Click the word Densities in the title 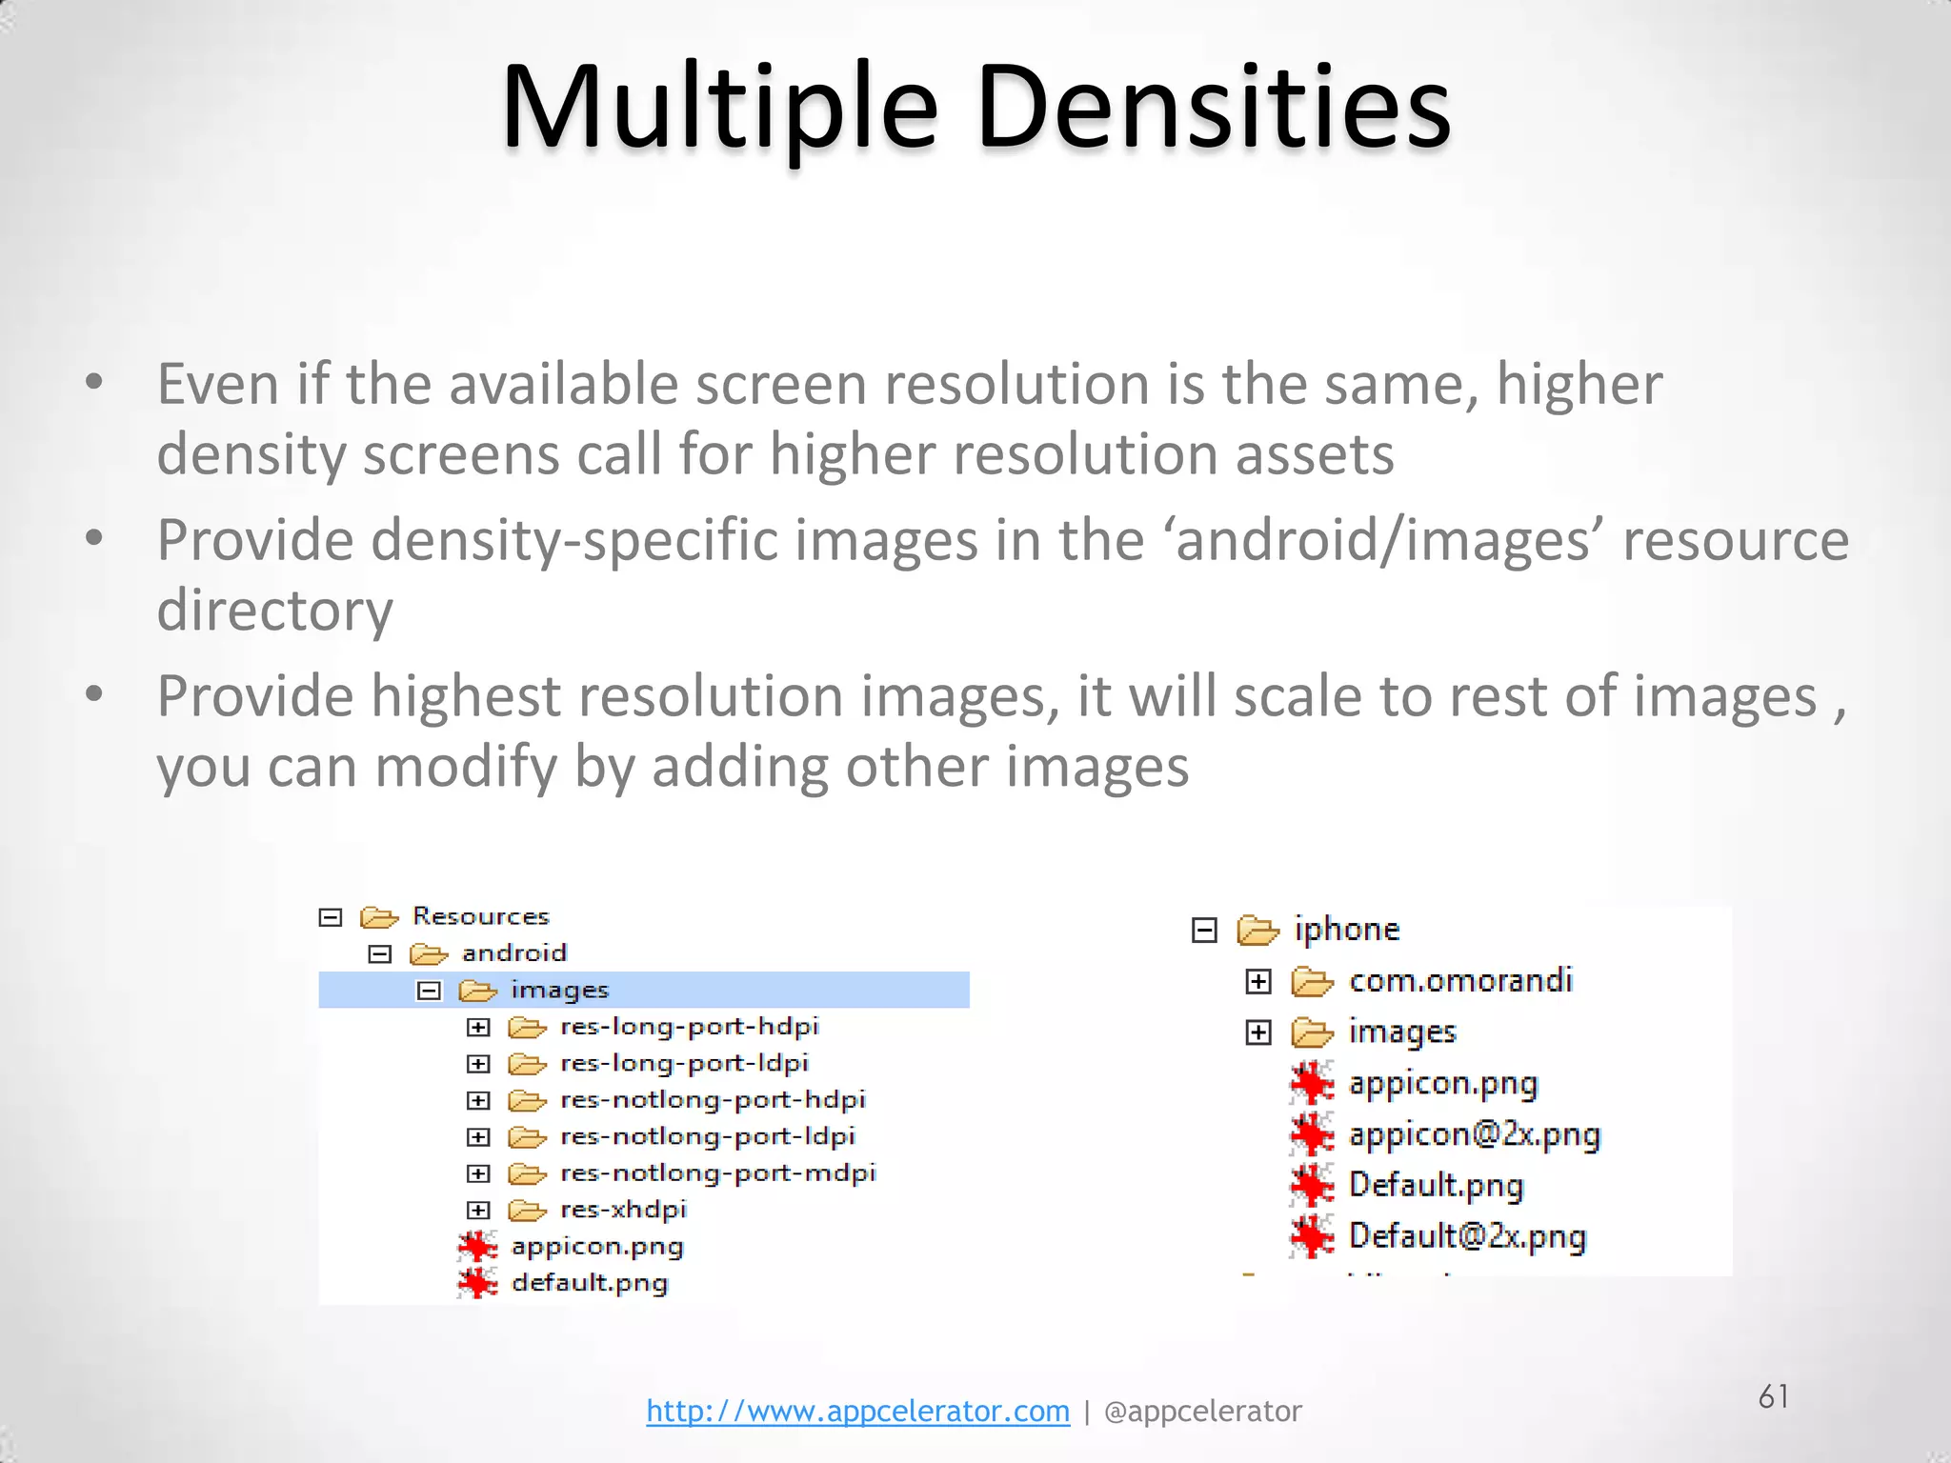[x=1214, y=107]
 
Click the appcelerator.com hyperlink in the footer [x=857, y=1411]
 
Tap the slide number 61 [x=1773, y=1396]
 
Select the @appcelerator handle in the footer [x=1202, y=1411]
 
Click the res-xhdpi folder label [x=623, y=1210]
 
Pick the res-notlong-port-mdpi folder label [x=717, y=1172]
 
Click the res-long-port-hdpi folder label [x=689, y=1027]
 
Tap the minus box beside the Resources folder [x=331, y=917]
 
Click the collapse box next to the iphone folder [x=1204, y=930]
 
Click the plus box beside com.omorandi [x=1258, y=981]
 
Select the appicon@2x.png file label [x=1474, y=1134]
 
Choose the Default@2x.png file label [x=1467, y=1236]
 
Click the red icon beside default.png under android [x=476, y=1283]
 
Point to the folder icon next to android [x=429, y=953]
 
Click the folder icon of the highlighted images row [x=477, y=991]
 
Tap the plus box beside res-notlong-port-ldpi [x=478, y=1137]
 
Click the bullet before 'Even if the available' [x=93, y=383]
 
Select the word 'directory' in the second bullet [x=274, y=610]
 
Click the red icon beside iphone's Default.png [x=1312, y=1186]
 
